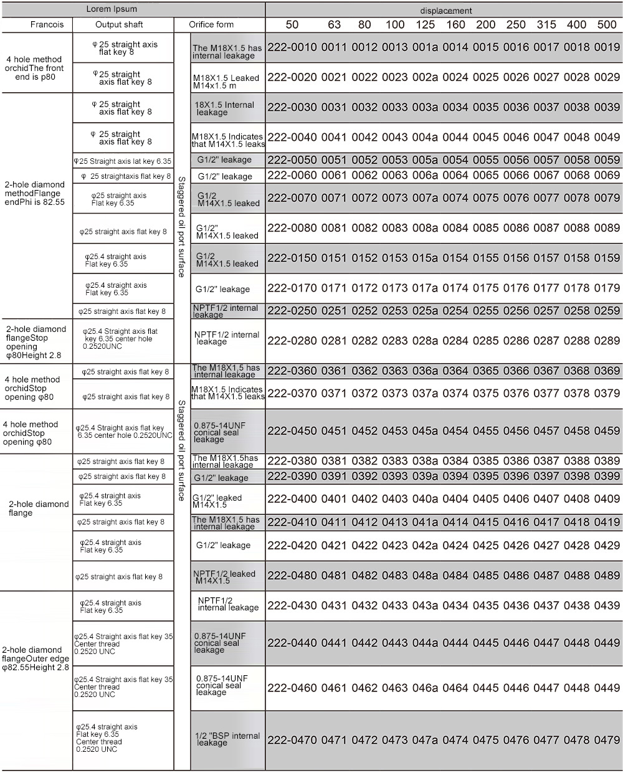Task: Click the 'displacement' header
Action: pos(445,11)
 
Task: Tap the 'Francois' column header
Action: pos(47,25)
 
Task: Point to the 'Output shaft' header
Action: pos(119,25)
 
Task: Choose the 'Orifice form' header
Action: pos(212,25)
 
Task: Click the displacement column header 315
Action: pos(546,25)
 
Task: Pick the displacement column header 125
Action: pos(425,25)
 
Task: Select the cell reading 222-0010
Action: pos(292,47)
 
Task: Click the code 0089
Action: pos(607,228)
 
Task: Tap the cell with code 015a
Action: pos(425,258)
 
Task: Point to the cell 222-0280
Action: pos(292,341)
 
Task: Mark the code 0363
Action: pos(394,371)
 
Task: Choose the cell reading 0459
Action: pos(607,431)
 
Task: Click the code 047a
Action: pos(425,740)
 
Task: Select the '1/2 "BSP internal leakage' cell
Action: pos(227,739)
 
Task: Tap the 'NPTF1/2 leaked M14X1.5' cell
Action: pos(224,577)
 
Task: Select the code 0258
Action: pos(576,311)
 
